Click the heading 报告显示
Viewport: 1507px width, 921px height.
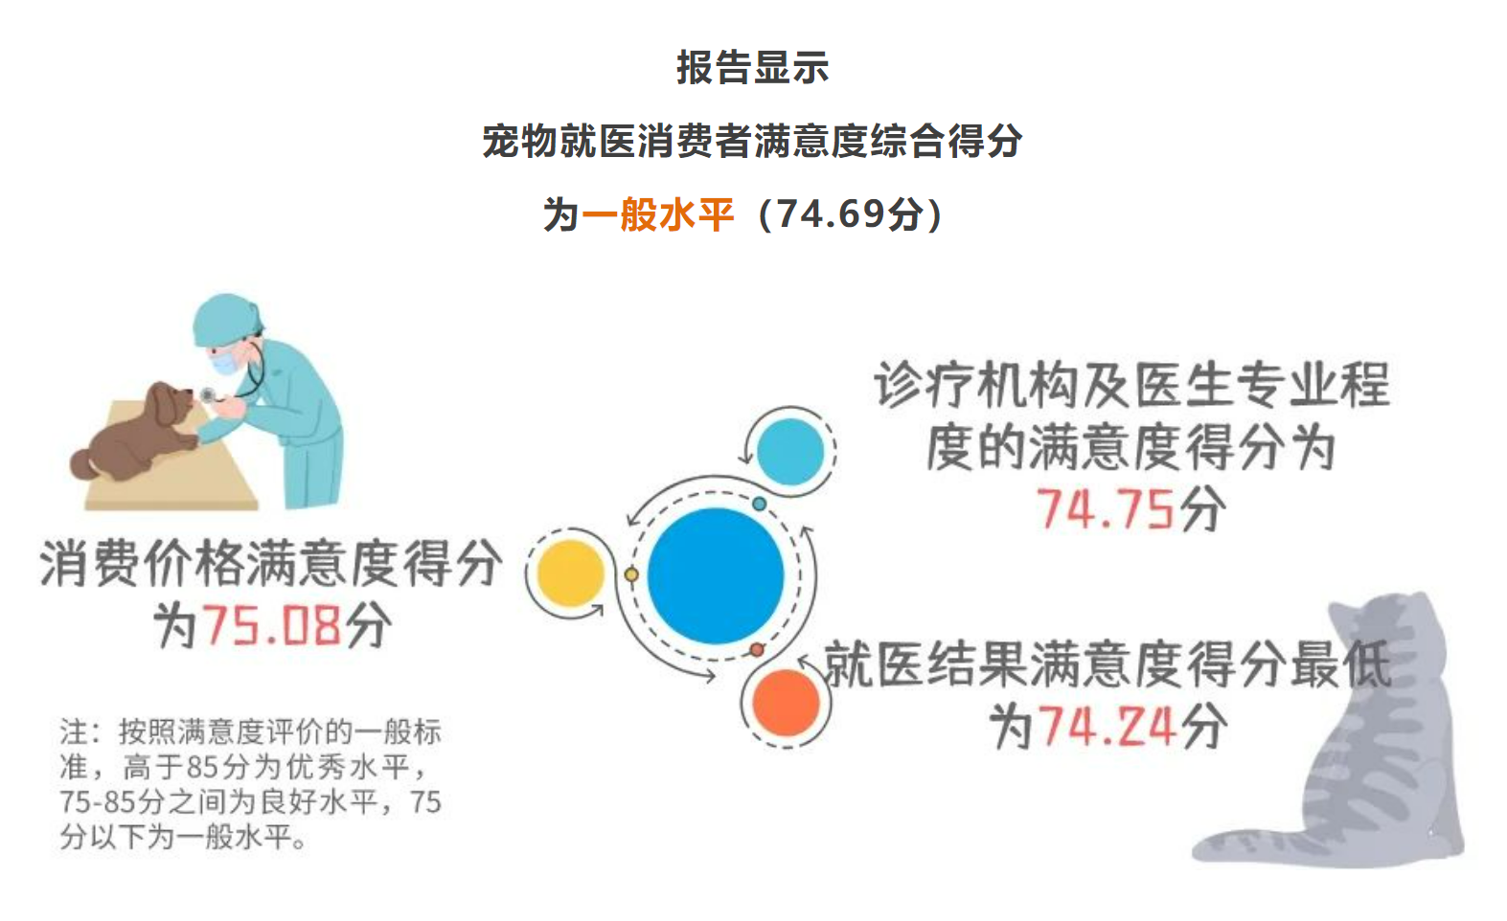753,68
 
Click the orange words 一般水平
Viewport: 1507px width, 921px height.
657,215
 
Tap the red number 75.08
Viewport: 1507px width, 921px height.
272,625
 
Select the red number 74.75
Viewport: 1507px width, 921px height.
1106,509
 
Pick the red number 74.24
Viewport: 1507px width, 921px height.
1108,727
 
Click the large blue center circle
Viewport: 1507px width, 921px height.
715,576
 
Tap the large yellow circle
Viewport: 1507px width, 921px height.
570,573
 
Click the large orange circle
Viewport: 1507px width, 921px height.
786,703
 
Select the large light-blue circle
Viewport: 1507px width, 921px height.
789,452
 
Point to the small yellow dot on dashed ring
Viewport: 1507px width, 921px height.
631,574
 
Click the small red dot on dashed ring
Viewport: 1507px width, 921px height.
757,649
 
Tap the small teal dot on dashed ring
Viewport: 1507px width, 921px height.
759,504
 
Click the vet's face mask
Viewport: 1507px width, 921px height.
226,362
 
